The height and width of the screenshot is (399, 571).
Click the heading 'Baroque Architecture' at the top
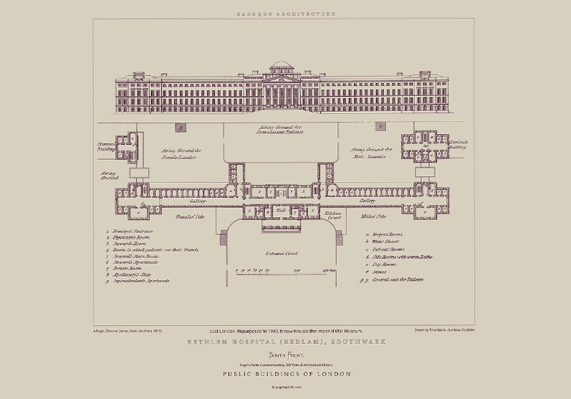[285, 13]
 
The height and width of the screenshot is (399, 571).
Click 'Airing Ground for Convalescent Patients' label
[281, 130]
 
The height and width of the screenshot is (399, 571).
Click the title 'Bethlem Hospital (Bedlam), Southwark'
[285, 342]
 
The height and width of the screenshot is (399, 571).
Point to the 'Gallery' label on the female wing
[178, 203]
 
